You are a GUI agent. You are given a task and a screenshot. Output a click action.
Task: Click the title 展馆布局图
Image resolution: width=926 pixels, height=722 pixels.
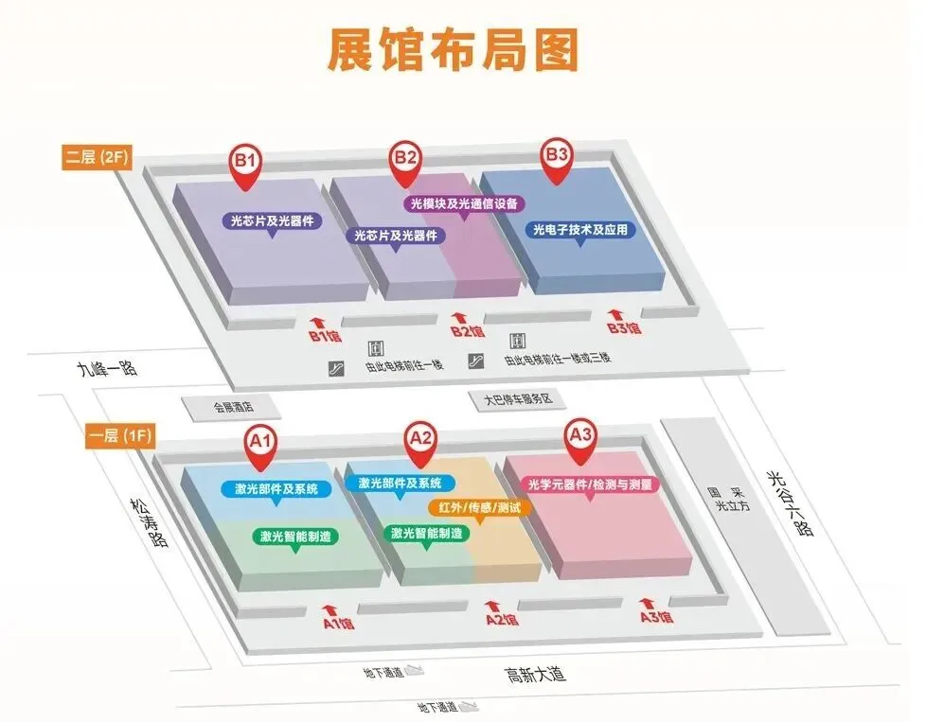(x=453, y=50)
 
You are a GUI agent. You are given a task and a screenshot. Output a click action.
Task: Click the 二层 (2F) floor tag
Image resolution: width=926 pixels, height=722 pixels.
(x=98, y=157)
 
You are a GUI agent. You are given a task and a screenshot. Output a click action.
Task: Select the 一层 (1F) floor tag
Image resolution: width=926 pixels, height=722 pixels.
(x=118, y=436)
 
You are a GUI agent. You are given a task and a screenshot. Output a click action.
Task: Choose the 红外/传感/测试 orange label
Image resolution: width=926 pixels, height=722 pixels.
(x=480, y=507)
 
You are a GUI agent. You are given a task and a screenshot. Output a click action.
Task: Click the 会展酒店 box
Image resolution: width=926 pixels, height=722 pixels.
(x=232, y=407)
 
